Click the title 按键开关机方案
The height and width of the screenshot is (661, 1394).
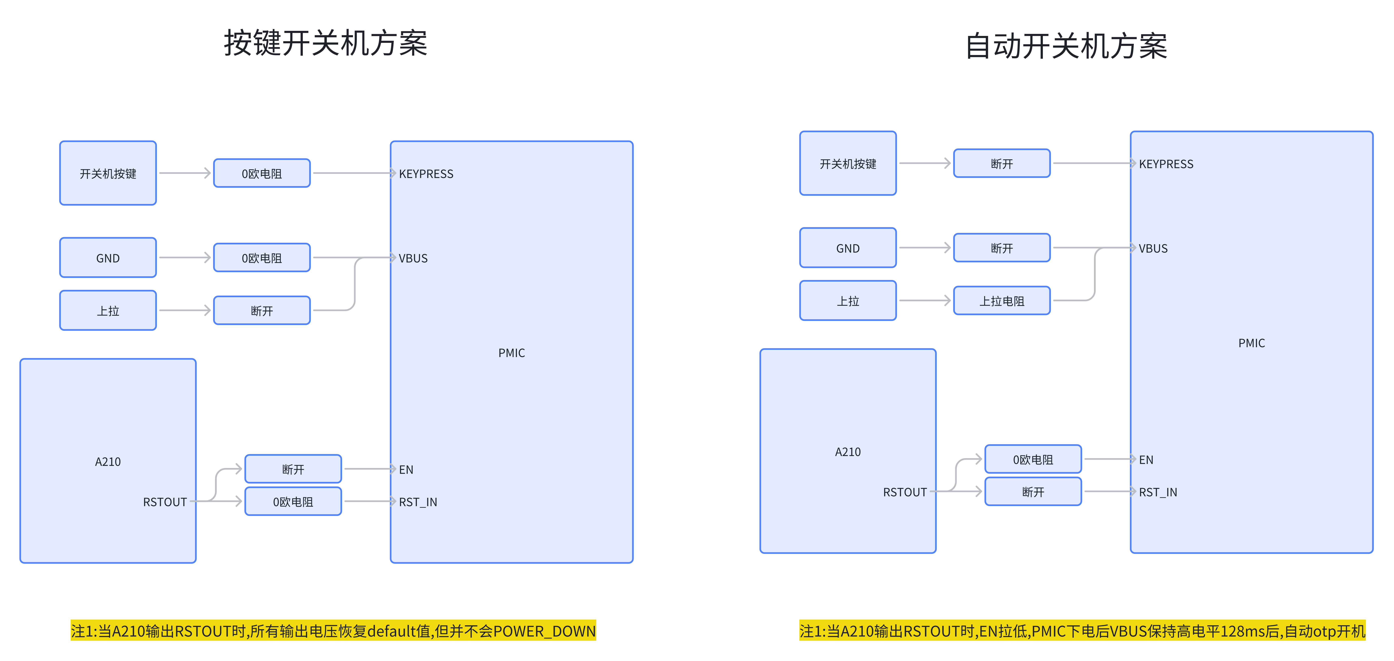click(x=326, y=43)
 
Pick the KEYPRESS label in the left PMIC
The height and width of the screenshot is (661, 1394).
click(x=426, y=174)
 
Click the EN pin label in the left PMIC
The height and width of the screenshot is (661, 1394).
click(x=406, y=470)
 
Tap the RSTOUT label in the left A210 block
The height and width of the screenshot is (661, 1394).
click(x=165, y=502)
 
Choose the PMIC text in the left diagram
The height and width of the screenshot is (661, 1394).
click(x=511, y=353)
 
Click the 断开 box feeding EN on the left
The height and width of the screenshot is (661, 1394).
click(x=293, y=469)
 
